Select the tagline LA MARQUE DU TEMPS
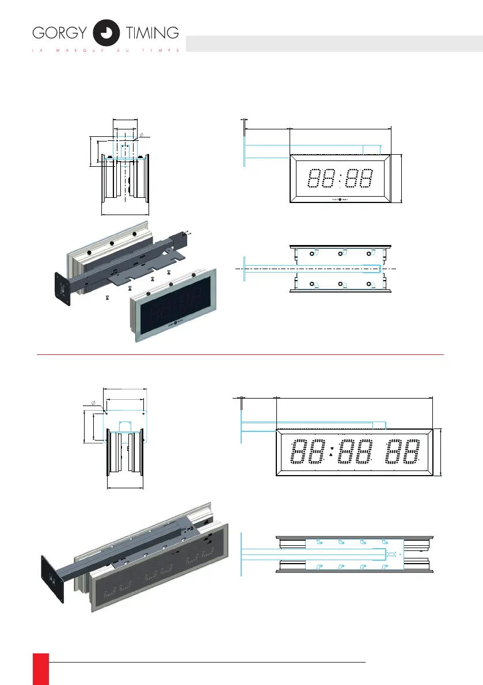tap(105, 50)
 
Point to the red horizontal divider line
tap(240, 355)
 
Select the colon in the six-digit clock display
tap(332, 453)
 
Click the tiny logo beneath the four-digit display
tap(340, 200)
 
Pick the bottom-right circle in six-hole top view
tap(370, 284)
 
